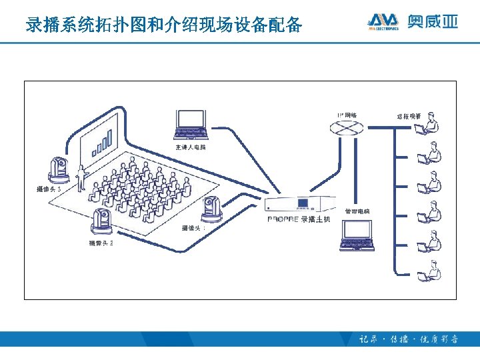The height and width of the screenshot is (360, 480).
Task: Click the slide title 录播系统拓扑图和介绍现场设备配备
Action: [x=163, y=25]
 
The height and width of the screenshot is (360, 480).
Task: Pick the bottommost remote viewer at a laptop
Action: [x=429, y=271]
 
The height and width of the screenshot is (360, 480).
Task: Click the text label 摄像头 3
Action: [x=49, y=189]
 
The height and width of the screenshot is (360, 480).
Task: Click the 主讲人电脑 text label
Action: [x=191, y=147]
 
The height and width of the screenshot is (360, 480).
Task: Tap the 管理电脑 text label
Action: [x=357, y=211]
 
